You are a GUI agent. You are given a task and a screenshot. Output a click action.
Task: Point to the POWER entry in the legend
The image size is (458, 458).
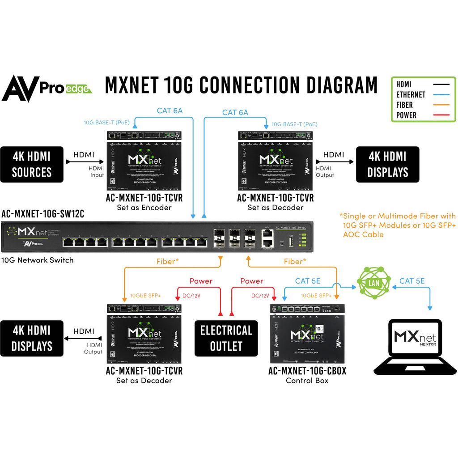pyautogui.click(x=406, y=115)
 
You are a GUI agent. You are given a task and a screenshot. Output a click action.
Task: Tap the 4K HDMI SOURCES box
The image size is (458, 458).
pyautogui.click(x=32, y=164)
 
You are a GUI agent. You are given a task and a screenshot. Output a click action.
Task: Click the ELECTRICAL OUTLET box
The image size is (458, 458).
pyautogui.click(x=226, y=338)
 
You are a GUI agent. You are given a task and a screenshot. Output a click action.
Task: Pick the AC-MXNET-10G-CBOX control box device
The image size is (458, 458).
pyautogui.click(x=307, y=334)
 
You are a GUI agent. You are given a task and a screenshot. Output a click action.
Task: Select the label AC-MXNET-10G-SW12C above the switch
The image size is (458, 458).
pyautogui.click(x=43, y=213)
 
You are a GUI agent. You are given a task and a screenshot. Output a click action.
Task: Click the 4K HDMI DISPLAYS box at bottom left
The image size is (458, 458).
pyautogui.click(x=32, y=338)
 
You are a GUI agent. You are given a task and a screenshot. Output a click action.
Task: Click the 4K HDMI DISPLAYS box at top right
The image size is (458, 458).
pyautogui.click(x=387, y=164)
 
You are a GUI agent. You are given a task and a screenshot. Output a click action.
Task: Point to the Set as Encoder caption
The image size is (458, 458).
pyautogui.click(x=144, y=207)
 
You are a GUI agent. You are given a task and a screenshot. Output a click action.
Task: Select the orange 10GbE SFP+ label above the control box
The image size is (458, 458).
pyautogui.click(x=316, y=296)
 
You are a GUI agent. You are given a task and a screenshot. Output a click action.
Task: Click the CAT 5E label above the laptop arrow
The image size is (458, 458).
pyautogui.click(x=412, y=281)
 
